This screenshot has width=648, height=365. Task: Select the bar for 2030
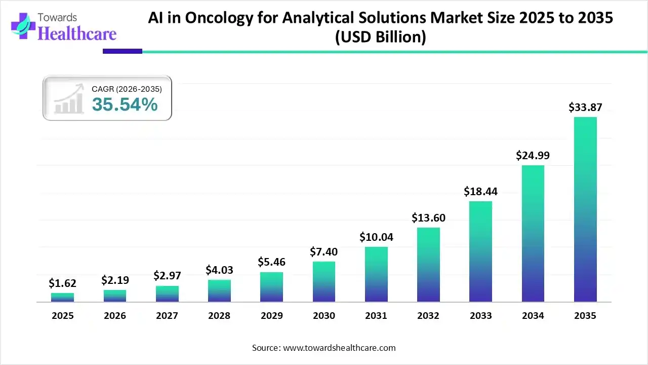tap(324, 282)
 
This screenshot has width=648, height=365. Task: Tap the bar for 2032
tap(428, 265)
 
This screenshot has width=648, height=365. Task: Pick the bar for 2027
tap(167, 294)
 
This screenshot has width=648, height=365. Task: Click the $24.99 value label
tap(533, 156)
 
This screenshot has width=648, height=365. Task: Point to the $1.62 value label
tap(62, 283)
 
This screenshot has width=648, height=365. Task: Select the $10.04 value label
tap(376, 237)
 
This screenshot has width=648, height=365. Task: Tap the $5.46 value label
tap(272, 262)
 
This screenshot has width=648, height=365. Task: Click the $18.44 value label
tap(480, 191)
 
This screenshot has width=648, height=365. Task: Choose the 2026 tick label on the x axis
tap(115, 316)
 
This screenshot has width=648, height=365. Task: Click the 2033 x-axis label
tap(480, 316)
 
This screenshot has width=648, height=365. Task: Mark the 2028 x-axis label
tap(219, 316)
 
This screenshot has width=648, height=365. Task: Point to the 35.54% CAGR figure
tap(125, 105)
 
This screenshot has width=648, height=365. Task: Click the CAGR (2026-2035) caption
tap(127, 89)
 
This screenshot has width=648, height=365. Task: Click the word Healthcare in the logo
tap(77, 33)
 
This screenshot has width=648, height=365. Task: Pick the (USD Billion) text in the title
tap(380, 37)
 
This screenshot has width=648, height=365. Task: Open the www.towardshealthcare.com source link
tap(338, 348)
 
